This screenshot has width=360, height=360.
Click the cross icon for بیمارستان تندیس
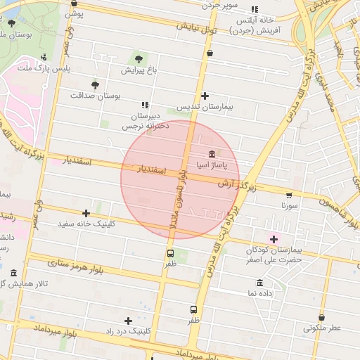point(205,96)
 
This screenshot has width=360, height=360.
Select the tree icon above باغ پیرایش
point(138,58)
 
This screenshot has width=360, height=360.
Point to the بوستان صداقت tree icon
point(95,84)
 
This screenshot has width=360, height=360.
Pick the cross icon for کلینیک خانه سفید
point(86,212)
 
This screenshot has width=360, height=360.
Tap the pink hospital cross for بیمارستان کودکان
point(274,239)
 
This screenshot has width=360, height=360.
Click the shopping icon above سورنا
point(288,195)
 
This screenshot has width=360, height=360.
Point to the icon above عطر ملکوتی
point(321,317)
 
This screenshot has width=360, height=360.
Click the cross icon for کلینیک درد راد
point(128,321)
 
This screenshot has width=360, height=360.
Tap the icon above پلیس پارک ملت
point(44,57)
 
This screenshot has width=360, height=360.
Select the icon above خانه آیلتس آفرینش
point(254,10)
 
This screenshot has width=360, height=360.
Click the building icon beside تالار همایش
point(13,273)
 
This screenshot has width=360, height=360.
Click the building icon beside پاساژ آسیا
point(211,154)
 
